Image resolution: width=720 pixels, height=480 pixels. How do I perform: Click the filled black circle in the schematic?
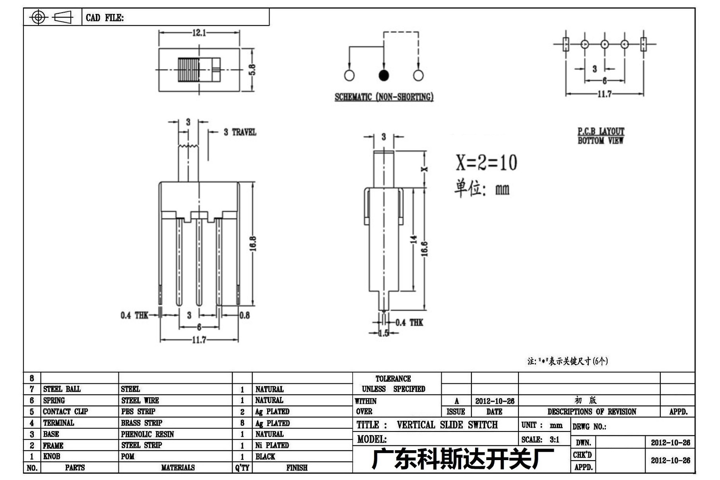pyautogui.click(x=384, y=75)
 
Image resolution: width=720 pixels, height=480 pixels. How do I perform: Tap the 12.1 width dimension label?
pyautogui.click(x=199, y=33)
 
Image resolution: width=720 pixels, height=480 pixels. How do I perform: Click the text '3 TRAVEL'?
pyautogui.click(x=240, y=132)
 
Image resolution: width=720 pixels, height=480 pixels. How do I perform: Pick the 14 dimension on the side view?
pyautogui.click(x=414, y=239)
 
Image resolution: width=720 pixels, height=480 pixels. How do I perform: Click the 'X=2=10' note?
pyautogui.click(x=486, y=163)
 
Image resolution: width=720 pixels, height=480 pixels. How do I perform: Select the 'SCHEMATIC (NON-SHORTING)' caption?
pyautogui.click(x=384, y=97)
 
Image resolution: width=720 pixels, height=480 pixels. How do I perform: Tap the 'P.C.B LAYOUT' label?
pyautogui.click(x=601, y=131)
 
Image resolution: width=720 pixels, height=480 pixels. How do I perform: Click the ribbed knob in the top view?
pyautogui.click(x=188, y=70)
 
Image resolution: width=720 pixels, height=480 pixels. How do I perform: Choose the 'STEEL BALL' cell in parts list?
pyautogui.click(x=62, y=389)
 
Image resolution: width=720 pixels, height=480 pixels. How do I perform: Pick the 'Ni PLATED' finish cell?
pyautogui.click(x=272, y=445)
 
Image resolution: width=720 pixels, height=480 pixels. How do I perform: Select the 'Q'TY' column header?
pyautogui.click(x=242, y=468)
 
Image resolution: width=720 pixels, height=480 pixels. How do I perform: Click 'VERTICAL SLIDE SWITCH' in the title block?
pyautogui.click(x=447, y=425)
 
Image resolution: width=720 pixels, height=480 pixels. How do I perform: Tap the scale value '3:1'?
pyautogui.click(x=554, y=439)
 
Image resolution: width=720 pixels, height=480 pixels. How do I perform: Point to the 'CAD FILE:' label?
pyautogui.click(x=105, y=18)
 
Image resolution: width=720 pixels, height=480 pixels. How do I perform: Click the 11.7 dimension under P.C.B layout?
pyautogui.click(x=604, y=94)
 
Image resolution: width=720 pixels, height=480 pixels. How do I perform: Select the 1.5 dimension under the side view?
pyautogui.click(x=383, y=333)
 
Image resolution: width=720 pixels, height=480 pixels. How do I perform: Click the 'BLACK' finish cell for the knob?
pyautogui.click(x=265, y=457)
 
